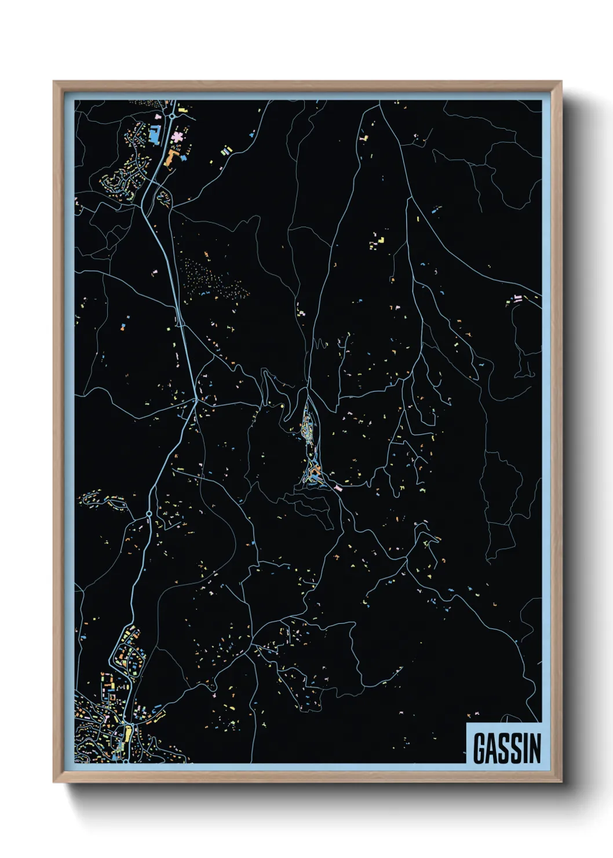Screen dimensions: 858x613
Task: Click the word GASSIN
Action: point(507,748)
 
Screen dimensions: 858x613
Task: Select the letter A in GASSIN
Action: point(492,748)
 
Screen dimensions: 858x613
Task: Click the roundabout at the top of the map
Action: point(172,116)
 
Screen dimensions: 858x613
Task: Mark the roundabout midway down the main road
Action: point(149,514)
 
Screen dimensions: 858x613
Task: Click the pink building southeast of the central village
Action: point(338,489)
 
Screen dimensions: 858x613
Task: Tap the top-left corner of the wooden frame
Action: point(54,82)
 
